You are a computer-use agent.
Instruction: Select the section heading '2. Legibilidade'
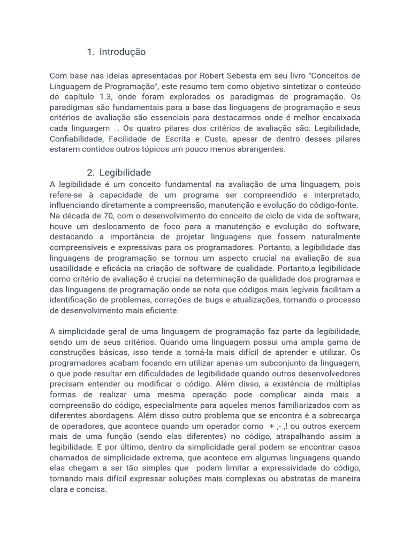click(119, 172)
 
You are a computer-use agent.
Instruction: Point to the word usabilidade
click(73, 268)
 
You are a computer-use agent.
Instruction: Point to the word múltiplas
click(339, 384)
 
